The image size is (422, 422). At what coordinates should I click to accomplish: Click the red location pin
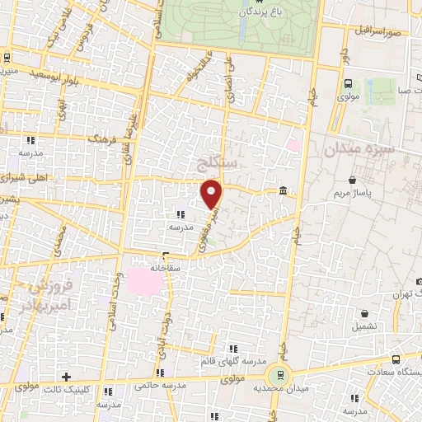[212, 193]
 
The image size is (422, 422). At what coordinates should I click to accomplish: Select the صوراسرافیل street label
[379, 30]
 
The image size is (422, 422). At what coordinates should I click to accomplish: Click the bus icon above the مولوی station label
[348, 83]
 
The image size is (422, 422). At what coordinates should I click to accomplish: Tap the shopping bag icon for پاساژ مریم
[353, 180]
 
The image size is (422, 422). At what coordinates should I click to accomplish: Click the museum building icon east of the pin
[284, 192]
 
